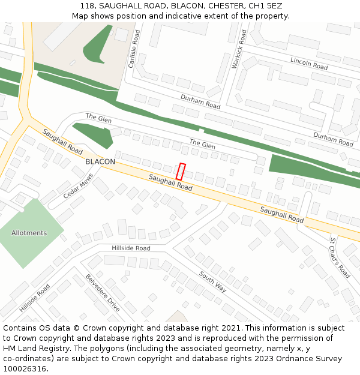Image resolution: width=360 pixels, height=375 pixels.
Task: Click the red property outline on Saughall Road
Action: (x=181, y=171)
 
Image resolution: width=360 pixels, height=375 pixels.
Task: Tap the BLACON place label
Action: (x=100, y=162)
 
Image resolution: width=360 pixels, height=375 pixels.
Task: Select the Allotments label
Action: (x=29, y=233)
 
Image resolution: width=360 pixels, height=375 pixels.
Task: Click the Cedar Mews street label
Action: (x=79, y=187)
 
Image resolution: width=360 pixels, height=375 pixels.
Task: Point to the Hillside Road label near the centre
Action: (x=131, y=248)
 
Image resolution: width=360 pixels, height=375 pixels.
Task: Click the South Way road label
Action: (x=213, y=281)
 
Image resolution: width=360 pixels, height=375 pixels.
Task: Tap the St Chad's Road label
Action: (x=340, y=257)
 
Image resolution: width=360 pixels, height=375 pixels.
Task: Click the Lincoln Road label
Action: (x=309, y=63)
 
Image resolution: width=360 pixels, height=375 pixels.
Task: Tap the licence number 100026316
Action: (x=24, y=368)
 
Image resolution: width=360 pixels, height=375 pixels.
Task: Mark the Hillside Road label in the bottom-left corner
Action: (x=35, y=298)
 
